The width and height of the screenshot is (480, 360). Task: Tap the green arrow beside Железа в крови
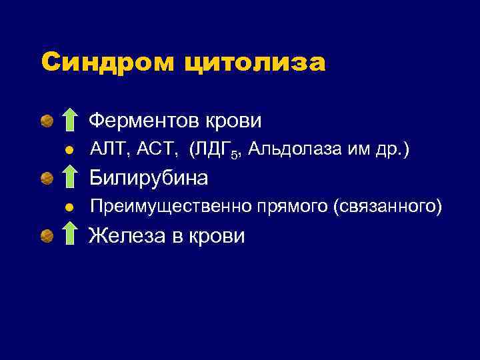point(69,236)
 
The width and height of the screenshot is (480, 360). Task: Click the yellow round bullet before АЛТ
point(69,151)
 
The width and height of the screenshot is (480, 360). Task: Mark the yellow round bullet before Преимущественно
point(69,208)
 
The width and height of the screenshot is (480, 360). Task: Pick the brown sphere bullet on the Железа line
point(46,236)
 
